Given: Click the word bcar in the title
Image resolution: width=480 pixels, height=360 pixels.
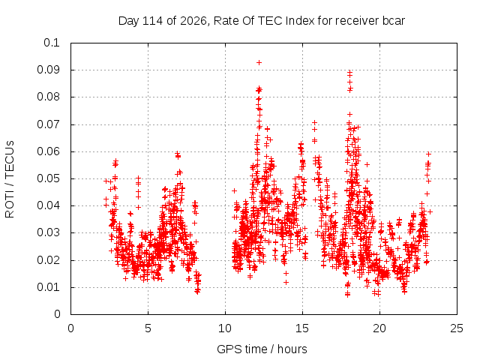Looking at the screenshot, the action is (x=393, y=21).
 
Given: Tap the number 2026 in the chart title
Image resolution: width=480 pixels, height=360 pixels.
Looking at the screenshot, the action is (x=193, y=21).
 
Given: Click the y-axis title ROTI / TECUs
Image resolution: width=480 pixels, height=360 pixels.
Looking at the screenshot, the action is (x=10, y=179).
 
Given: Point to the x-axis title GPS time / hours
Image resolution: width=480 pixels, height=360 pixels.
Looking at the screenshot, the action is (x=262, y=349).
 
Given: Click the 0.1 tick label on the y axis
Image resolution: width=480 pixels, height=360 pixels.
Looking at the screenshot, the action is (x=52, y=43).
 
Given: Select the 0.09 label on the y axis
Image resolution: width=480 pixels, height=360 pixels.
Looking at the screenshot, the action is (x=48, y=70).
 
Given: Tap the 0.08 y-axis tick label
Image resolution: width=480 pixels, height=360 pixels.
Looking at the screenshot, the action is (x=48, y=97).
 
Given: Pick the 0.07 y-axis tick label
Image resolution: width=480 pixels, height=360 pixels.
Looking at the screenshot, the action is (x=48, y=124).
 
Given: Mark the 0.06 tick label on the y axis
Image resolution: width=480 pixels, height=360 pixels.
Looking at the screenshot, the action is (x=48, y=151).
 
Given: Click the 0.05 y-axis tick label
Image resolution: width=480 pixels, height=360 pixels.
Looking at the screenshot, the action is (x=48, y=178).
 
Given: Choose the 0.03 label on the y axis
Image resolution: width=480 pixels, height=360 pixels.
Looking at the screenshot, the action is (x=48, y=232).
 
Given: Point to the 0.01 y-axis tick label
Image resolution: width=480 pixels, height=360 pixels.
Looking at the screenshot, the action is (x=48, y=287).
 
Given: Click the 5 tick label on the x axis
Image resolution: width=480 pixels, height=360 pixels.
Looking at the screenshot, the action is (x=148, y=328).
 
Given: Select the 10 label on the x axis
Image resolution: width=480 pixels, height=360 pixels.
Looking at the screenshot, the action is (x=225, y=328).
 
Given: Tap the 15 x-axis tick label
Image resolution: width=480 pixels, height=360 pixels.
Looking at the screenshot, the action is (x=302, y=328).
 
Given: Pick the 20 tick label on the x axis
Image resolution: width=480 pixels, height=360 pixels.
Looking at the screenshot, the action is (x=379, y=328).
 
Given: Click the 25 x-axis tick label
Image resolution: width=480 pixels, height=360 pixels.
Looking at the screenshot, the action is (x=457, y=328).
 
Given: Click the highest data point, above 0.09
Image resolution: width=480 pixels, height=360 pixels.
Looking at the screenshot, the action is (x=259, y=62).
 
